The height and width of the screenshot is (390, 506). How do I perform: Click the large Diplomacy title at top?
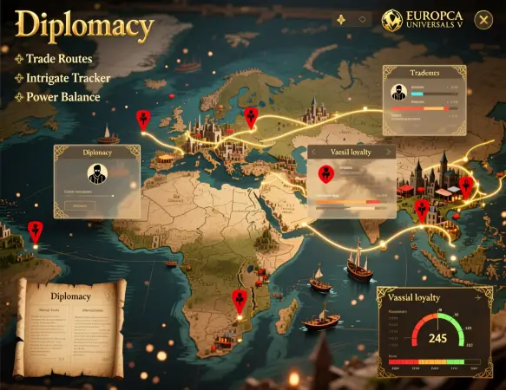click(x=84, y=26)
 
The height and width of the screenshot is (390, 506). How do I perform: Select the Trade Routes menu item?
click(x=58, y=59)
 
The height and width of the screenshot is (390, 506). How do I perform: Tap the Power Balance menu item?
click(x=62, y=96)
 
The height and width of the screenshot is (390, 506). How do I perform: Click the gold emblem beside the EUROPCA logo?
click(x=391, y=20)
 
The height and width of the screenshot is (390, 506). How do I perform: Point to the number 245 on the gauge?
click(x=437, y=336)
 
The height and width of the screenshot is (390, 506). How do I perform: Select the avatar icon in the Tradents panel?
click(x=398, y=93)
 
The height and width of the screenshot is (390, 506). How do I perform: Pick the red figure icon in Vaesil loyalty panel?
click(x=325, y=173)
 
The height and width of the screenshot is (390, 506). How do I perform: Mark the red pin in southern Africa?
click(x=240, y=300)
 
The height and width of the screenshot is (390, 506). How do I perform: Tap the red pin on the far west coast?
click(x=35, y=231)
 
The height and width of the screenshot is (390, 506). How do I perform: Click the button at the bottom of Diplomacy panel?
click(x=81, y=206)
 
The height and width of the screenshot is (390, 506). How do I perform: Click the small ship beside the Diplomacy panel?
click(x=108, y=134)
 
